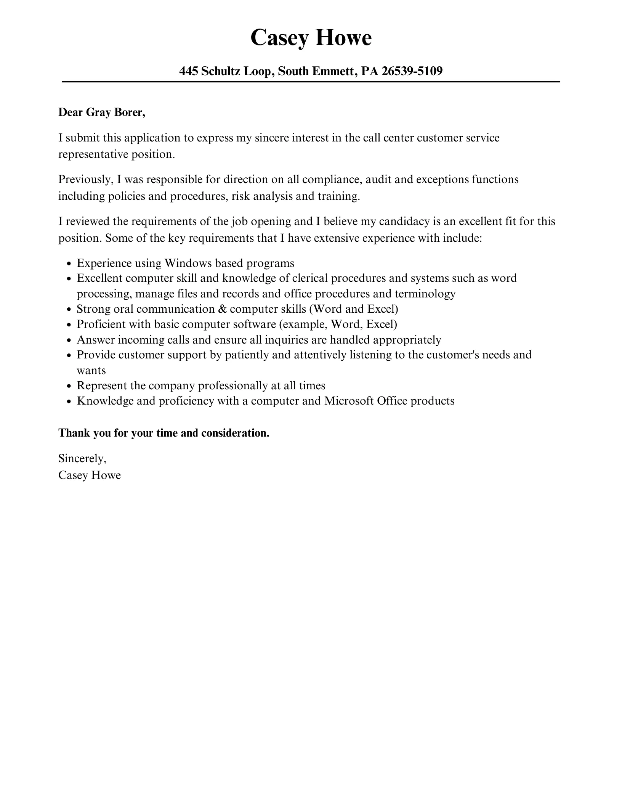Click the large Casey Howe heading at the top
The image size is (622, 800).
point(311,38)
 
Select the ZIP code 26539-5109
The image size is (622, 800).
point(412,71)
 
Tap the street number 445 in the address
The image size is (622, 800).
point(188,71)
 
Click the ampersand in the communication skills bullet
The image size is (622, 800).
point(222,309)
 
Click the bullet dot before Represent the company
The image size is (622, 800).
point(69,386)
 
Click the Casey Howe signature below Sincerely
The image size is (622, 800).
point(90,475)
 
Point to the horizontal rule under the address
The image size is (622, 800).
point(311,82)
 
